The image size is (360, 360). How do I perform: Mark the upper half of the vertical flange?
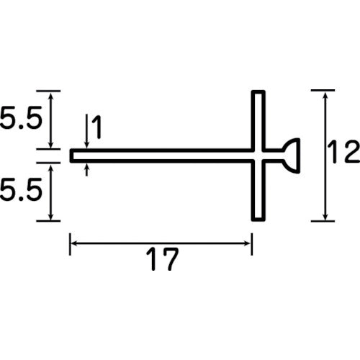pyautogui.click(x=258, y=120)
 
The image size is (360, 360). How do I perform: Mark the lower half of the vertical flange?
pyautogui.click(x=258, y=191)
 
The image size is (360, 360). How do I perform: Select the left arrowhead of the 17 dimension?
pyautogui.click(x=74, y=244)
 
